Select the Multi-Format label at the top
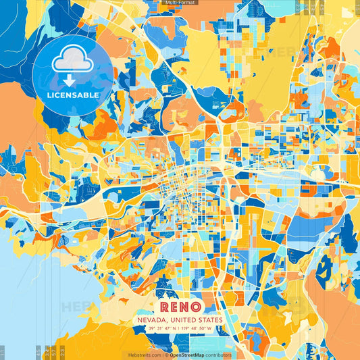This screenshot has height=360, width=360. (x=180, y=3)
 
